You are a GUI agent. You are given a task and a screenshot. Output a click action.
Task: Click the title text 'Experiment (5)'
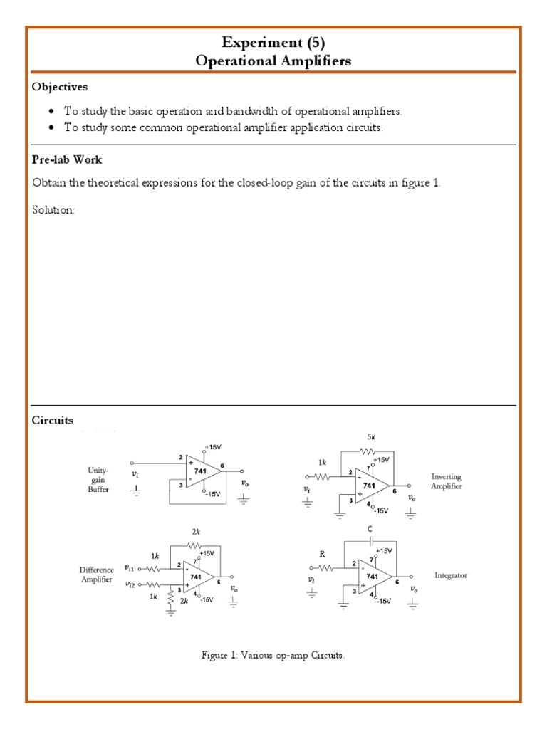273,43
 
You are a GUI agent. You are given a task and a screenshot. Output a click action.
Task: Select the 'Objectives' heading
59,87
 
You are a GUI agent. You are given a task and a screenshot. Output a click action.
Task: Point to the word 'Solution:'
53,210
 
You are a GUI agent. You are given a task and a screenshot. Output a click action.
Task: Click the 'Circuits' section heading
53,420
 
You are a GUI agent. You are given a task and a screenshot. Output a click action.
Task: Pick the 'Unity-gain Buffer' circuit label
98,481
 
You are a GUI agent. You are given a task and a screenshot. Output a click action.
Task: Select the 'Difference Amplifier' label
97,576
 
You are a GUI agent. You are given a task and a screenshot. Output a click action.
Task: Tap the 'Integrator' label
451,575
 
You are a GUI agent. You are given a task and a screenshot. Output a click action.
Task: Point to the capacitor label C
369,530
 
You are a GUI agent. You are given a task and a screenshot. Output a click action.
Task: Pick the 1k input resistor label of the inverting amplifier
322,462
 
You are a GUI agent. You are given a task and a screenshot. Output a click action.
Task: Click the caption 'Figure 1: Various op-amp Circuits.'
274,656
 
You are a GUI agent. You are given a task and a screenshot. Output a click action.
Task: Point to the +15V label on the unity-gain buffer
213,446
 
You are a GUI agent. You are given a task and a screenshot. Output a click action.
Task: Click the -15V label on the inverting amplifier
380,510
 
